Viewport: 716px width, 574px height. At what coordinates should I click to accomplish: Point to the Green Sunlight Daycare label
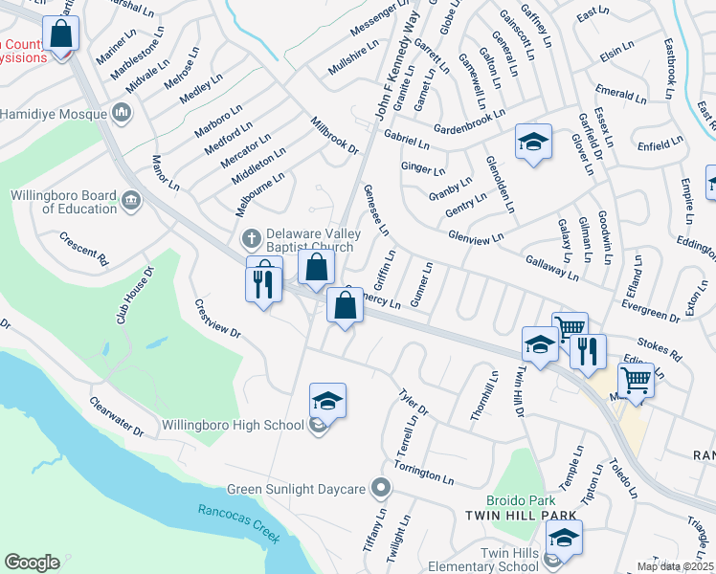coord(297,490)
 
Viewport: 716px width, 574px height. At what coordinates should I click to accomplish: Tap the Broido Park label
coord(520,500)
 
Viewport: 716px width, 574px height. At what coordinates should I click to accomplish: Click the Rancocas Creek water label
coord(239,523)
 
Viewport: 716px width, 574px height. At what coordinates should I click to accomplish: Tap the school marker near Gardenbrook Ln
coord(533,143)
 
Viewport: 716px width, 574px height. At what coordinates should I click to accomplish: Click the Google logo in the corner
coord(32,563)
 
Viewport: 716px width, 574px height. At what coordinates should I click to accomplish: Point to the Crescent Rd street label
coord(84,246)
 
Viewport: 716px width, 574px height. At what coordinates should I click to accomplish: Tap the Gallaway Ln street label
coord(551,267)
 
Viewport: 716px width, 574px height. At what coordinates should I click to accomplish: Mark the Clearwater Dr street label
coord(117,416)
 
